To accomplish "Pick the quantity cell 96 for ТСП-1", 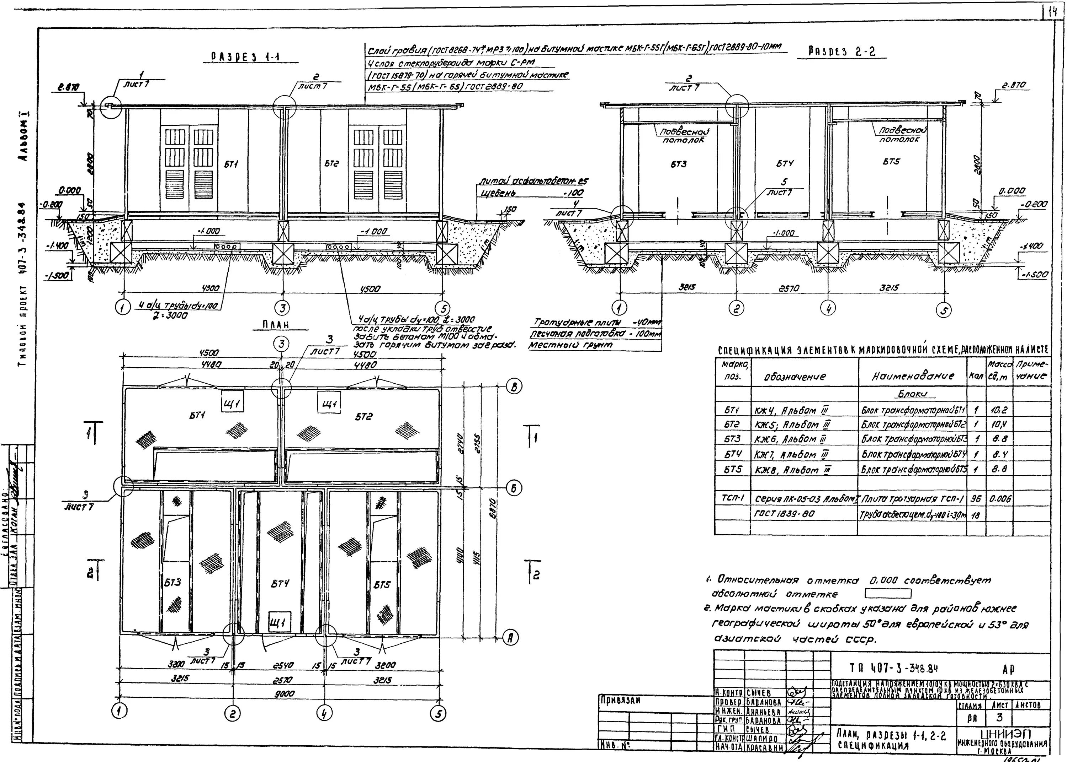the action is (976, 499).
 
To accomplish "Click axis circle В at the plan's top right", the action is (514, 387).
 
